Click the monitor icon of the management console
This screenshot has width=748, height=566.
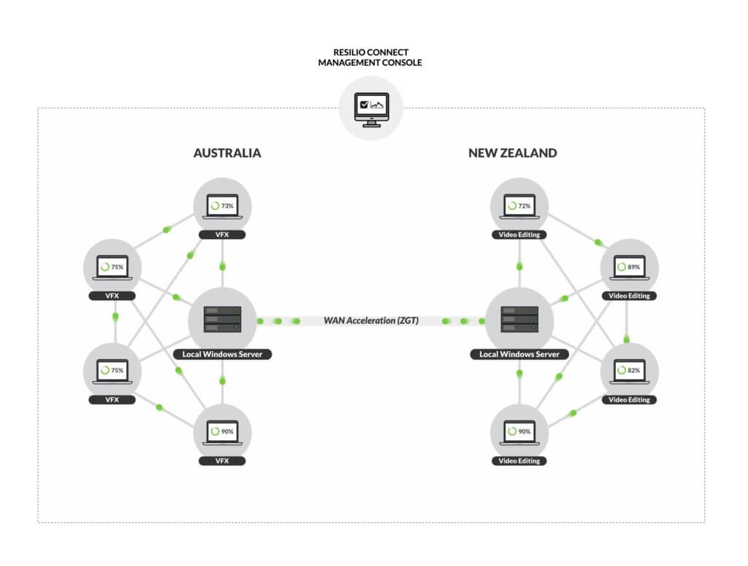pos(371,110)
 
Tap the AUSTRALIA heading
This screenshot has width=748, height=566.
pos(227,154)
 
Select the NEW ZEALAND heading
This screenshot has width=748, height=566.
pos(512,154)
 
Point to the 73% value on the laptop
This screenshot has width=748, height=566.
pos(228,206)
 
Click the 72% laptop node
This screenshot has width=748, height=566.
pos(519,206)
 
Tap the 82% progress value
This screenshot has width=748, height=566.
pos(633,371)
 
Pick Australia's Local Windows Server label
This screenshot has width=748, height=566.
pos(222,355)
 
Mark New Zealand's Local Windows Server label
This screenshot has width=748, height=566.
pos(519,355)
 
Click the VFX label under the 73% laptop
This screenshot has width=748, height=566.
pos(222,235)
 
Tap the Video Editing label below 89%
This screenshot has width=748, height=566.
pos(629,296)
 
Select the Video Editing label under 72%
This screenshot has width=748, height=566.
pos(519,235)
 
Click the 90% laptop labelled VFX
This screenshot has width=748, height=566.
pos(222,431)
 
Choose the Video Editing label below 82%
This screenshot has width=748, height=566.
pos(629,400)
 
